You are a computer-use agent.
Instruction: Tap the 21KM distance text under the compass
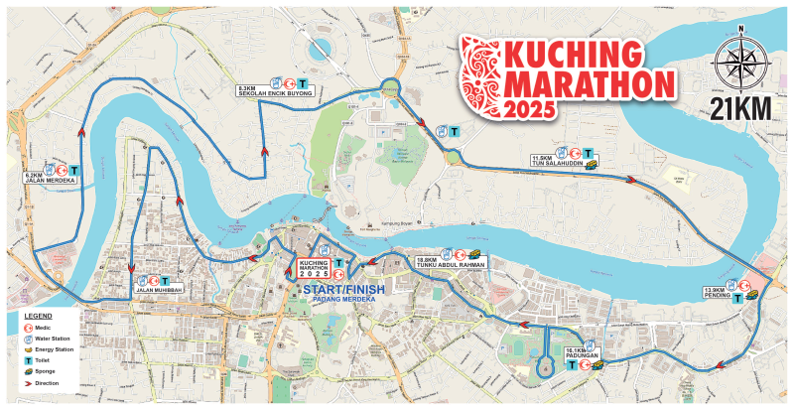(739, 107)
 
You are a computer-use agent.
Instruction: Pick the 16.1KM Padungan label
(580, 352)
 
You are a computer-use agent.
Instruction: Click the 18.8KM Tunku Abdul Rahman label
(452, 264)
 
